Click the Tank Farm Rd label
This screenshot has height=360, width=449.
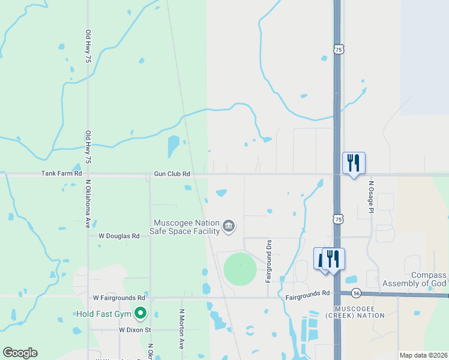coord(61,173)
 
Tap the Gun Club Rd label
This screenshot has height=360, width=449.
coord(172,173)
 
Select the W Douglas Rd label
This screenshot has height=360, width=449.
coord(119,236)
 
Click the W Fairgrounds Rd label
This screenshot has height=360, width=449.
coord(119,298)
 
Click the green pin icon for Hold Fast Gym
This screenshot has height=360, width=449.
coord(140,313)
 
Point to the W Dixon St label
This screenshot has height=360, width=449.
coord(134,330)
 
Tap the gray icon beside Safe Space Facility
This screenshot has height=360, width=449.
coord(229,226)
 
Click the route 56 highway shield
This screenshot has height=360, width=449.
coord(357,293)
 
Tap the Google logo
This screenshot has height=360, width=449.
coord(20,353)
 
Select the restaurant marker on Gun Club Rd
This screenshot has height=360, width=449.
coord(354,162)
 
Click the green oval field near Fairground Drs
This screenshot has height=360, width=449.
coord(240,269)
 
